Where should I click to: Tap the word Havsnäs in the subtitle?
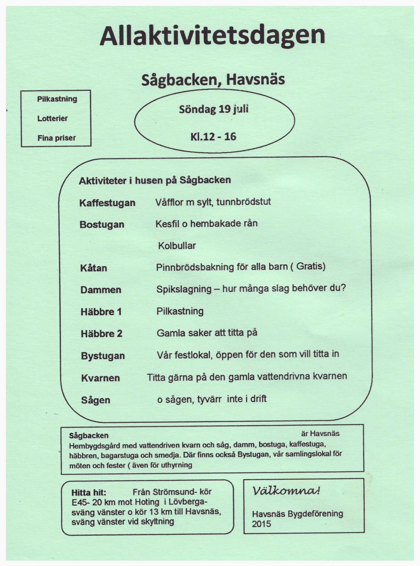(x=256, y=80)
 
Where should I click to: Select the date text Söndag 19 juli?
(x=214, y=109)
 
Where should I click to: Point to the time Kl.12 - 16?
(x=213, y=137)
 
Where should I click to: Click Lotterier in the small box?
(x=52, y=118)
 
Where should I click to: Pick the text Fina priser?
(x=56, y=138)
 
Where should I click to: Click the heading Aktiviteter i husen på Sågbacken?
(x=155, y=180)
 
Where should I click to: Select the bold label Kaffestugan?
(x=107, y=203)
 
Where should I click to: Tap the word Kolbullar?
(x=177, y=246)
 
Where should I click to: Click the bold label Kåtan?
(x=94, y=268)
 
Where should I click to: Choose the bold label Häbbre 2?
(x=101, y=334)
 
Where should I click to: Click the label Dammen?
(x=101, y=290)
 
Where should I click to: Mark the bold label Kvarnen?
(x=101, y=378)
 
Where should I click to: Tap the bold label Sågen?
(x=96, y=400)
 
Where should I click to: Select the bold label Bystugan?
(x=103, y=356)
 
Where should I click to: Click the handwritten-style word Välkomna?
(x=286, y=491)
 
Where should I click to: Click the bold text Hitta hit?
(x=89, y=492)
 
